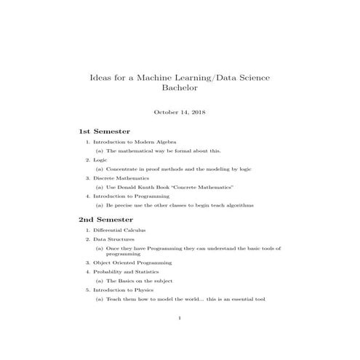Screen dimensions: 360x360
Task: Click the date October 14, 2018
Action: click(179, 112)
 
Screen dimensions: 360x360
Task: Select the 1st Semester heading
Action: click(104, 131)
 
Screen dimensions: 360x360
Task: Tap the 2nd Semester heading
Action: click(106, 219)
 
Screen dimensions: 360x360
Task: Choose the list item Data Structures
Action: click(114, 239)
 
